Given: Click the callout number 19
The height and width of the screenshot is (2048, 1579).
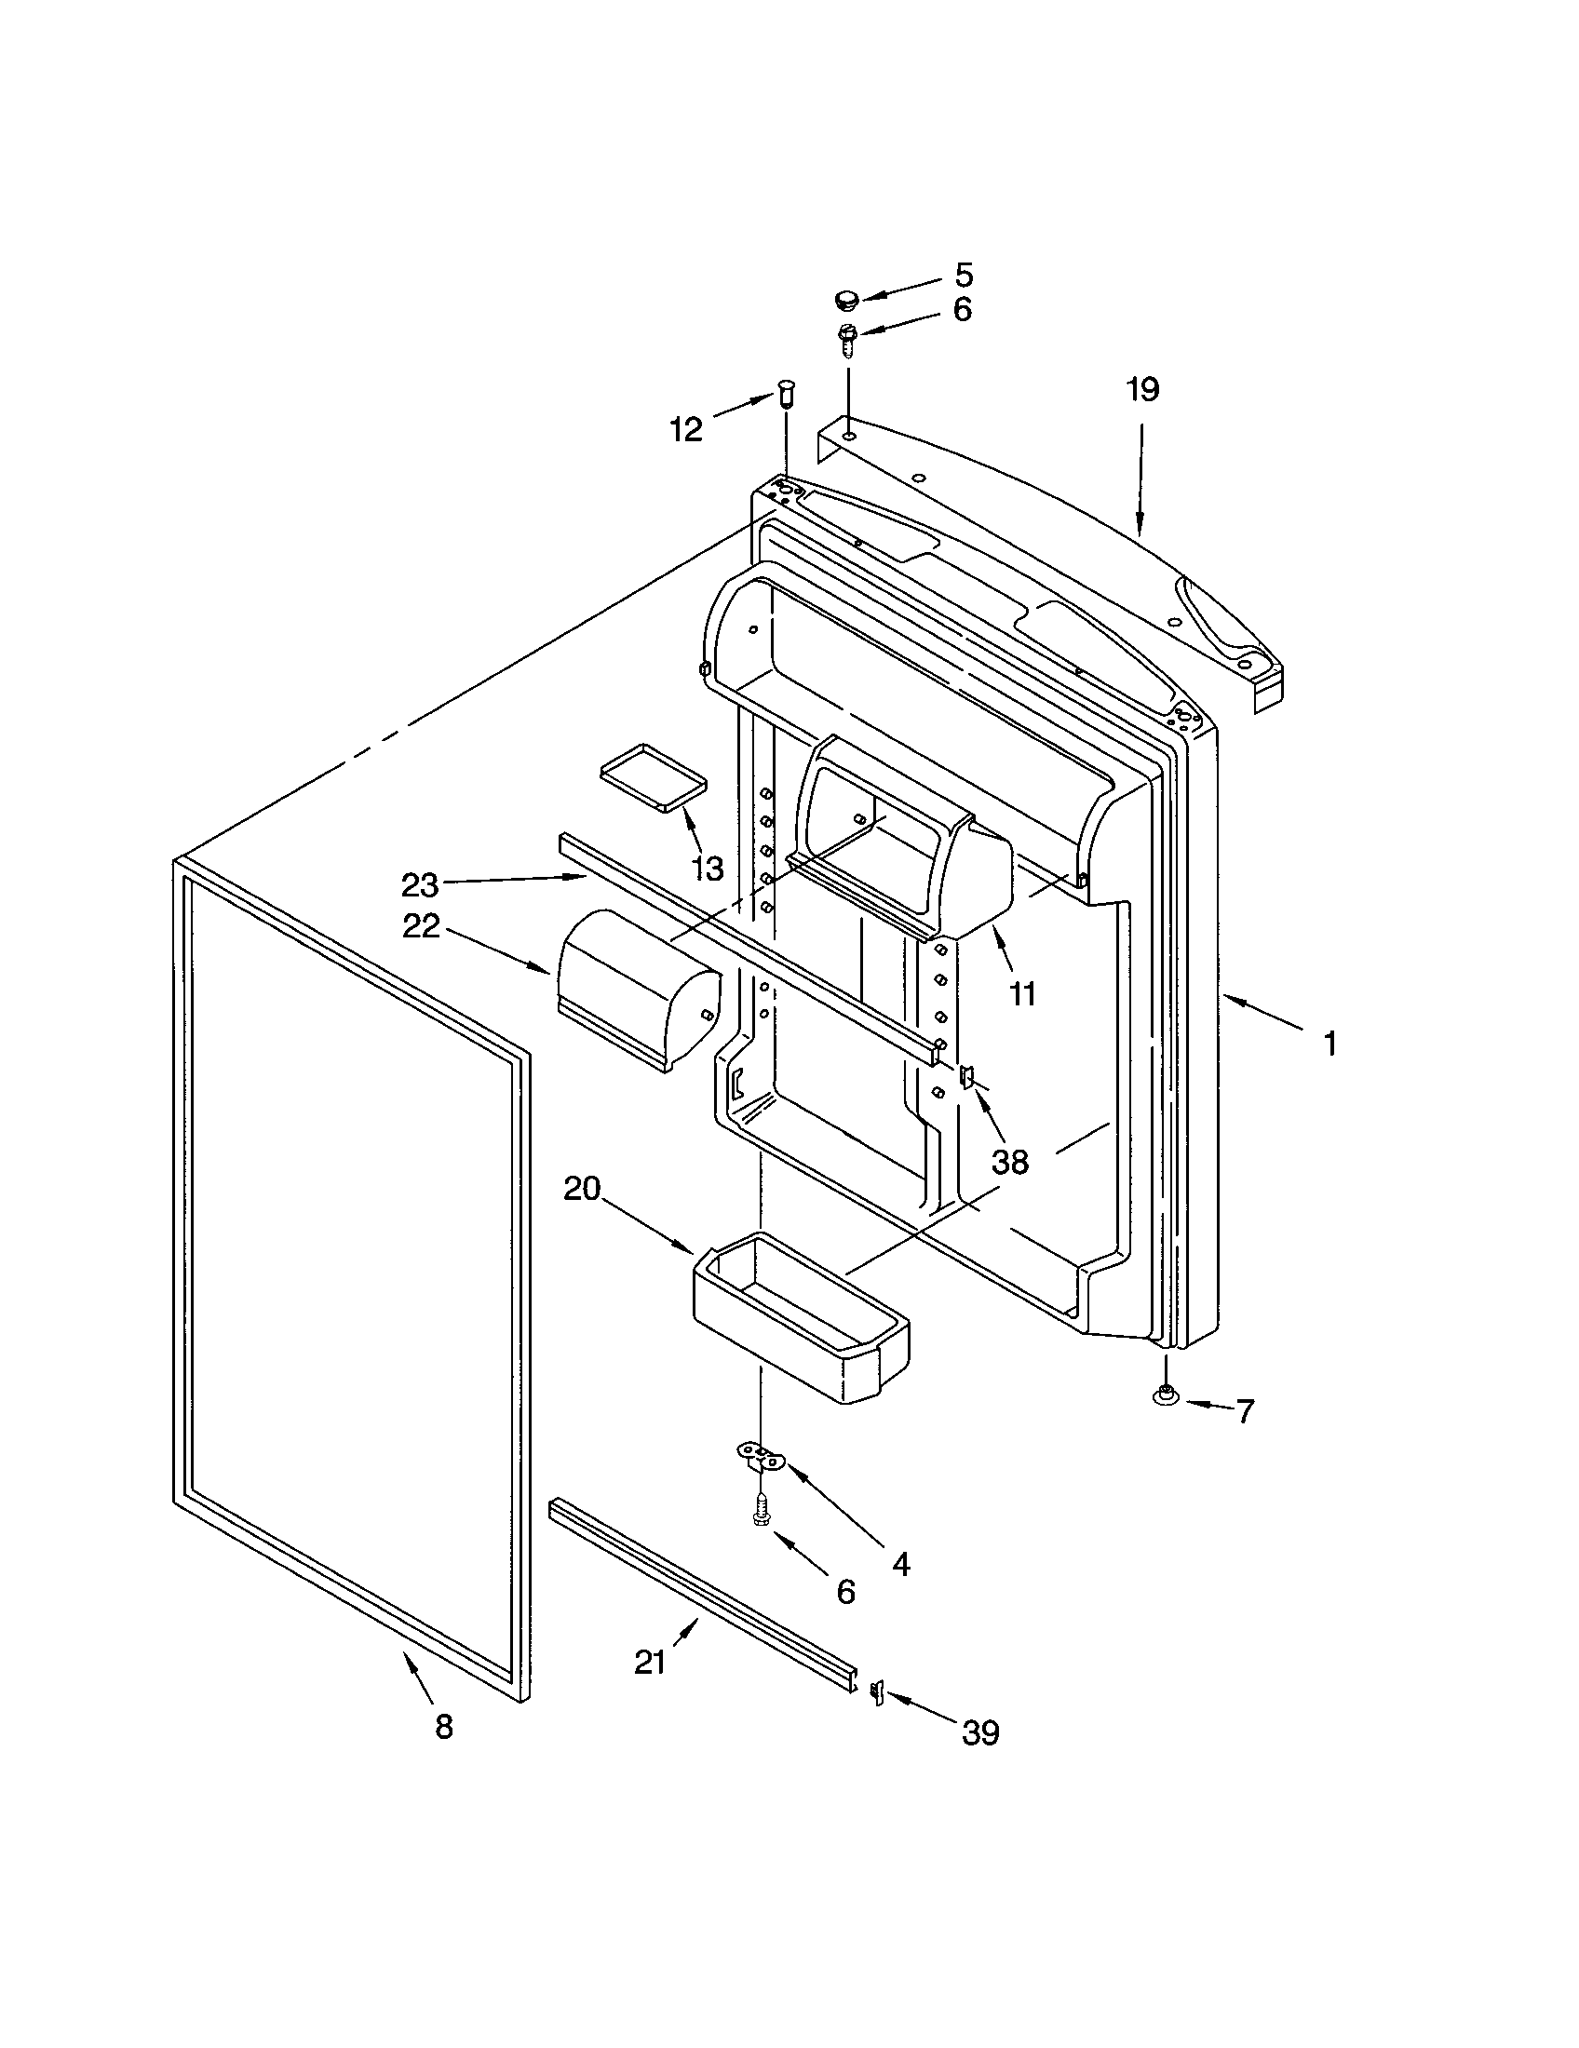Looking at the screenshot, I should pos(1142,389).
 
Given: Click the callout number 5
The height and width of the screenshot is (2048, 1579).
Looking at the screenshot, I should pos(964,275).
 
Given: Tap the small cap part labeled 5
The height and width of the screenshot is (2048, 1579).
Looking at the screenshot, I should pos(846,301).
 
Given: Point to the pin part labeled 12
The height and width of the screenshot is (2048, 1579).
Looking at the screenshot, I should pos(786,397).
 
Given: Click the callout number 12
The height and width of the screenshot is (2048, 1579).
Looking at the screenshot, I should pos(686,429).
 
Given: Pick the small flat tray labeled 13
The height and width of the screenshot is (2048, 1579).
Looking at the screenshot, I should pos(654,776).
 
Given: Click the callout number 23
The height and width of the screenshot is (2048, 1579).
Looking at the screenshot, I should pos(420,884).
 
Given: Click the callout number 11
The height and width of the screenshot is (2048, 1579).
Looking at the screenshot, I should pos(1022,993).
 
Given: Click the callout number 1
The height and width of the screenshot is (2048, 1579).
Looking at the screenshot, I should pos(1329,1044).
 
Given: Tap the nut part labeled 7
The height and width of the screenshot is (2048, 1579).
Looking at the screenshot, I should pos(1164,1421).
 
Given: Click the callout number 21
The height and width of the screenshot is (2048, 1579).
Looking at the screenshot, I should pos(650,1663).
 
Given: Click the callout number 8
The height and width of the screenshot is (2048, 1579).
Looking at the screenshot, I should pos(443,1725).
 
